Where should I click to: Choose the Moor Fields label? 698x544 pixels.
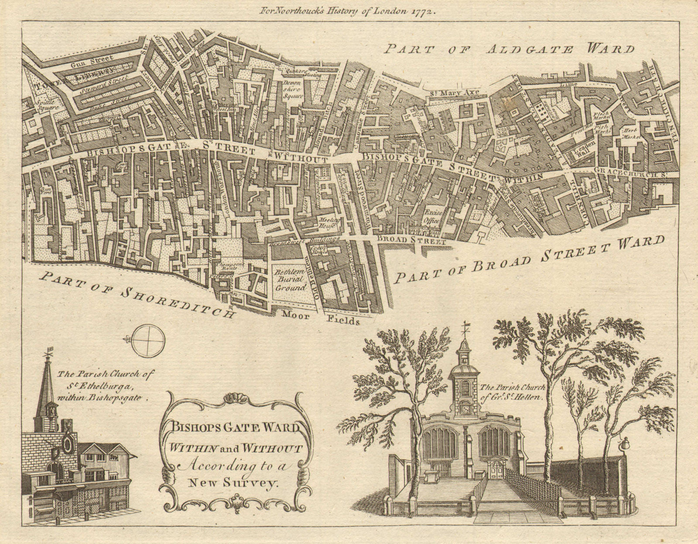coord(321,318)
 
